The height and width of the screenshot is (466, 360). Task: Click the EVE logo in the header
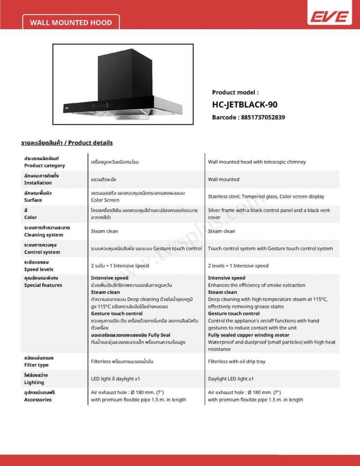330,17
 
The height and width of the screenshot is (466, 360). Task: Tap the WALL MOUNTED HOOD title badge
71,22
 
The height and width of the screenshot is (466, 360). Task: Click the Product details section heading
67,143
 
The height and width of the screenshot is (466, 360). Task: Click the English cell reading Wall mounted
223,179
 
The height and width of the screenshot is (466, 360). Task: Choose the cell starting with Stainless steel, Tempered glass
266,197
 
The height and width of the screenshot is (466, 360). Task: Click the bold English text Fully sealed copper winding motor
248,335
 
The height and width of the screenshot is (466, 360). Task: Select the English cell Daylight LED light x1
231,379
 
